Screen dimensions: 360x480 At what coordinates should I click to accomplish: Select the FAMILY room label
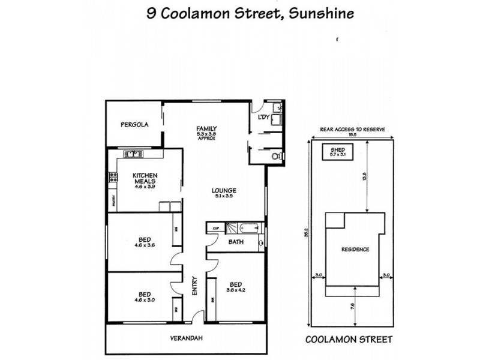(206, 128)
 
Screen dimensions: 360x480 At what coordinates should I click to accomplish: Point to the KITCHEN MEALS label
(145, 178)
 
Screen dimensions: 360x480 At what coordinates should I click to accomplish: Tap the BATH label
(236, 242)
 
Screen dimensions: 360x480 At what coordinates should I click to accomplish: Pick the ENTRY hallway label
(194, 285)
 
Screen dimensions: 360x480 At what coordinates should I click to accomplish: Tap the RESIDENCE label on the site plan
(355, 250)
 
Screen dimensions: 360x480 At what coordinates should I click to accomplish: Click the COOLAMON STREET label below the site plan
(349, 339)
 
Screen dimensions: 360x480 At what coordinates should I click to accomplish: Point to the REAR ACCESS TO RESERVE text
(352, 129)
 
